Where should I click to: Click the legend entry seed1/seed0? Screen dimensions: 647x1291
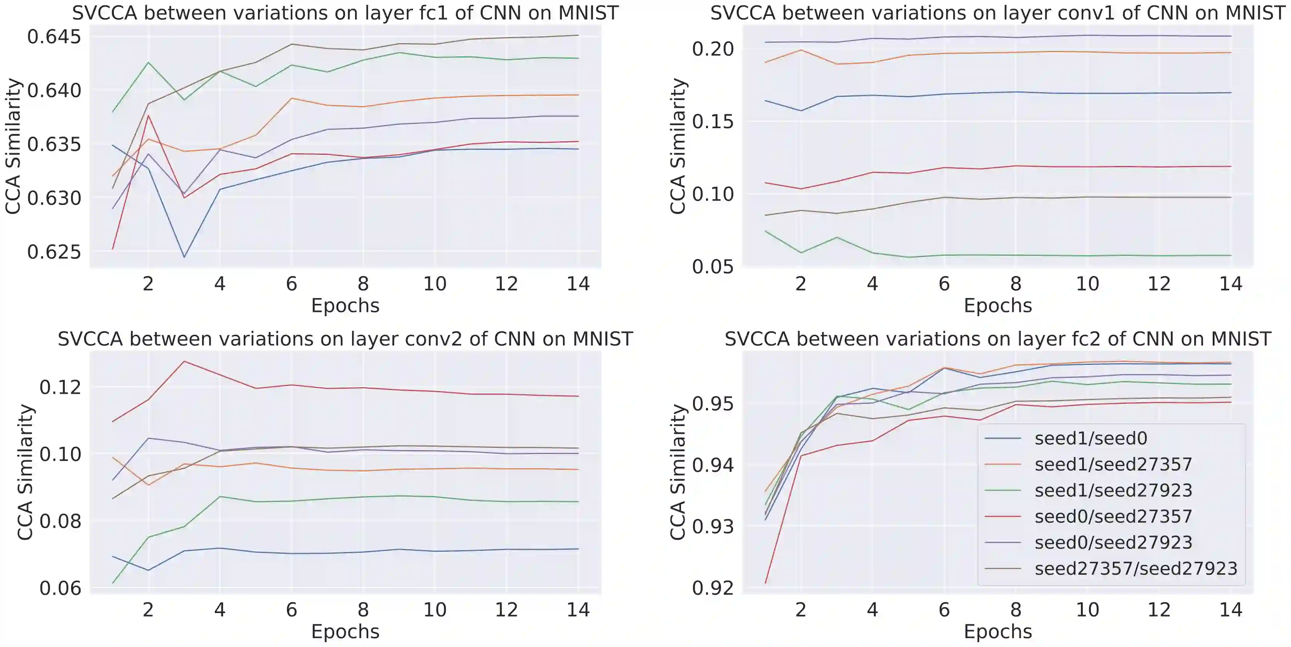(1090, 439)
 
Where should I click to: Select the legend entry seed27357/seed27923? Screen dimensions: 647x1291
(1136, 569)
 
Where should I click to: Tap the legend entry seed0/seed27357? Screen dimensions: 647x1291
(1113, 517)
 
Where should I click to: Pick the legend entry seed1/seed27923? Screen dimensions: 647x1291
(1113, 491)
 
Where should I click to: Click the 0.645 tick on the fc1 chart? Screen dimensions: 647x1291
(54, 37)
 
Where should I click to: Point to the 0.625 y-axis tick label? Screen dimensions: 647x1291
(54, 252)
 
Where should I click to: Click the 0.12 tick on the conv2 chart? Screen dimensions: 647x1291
(60, 387)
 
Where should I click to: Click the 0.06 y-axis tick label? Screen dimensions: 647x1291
(60, 588)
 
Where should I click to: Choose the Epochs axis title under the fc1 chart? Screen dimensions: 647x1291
(345, 305)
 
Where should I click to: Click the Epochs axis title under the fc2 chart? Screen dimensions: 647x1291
(998, 632)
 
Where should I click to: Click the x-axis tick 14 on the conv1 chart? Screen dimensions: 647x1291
(1230, 284)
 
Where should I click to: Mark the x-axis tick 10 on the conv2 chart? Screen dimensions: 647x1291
(435, 610)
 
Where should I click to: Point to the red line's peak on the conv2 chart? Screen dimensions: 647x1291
(184, 361)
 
